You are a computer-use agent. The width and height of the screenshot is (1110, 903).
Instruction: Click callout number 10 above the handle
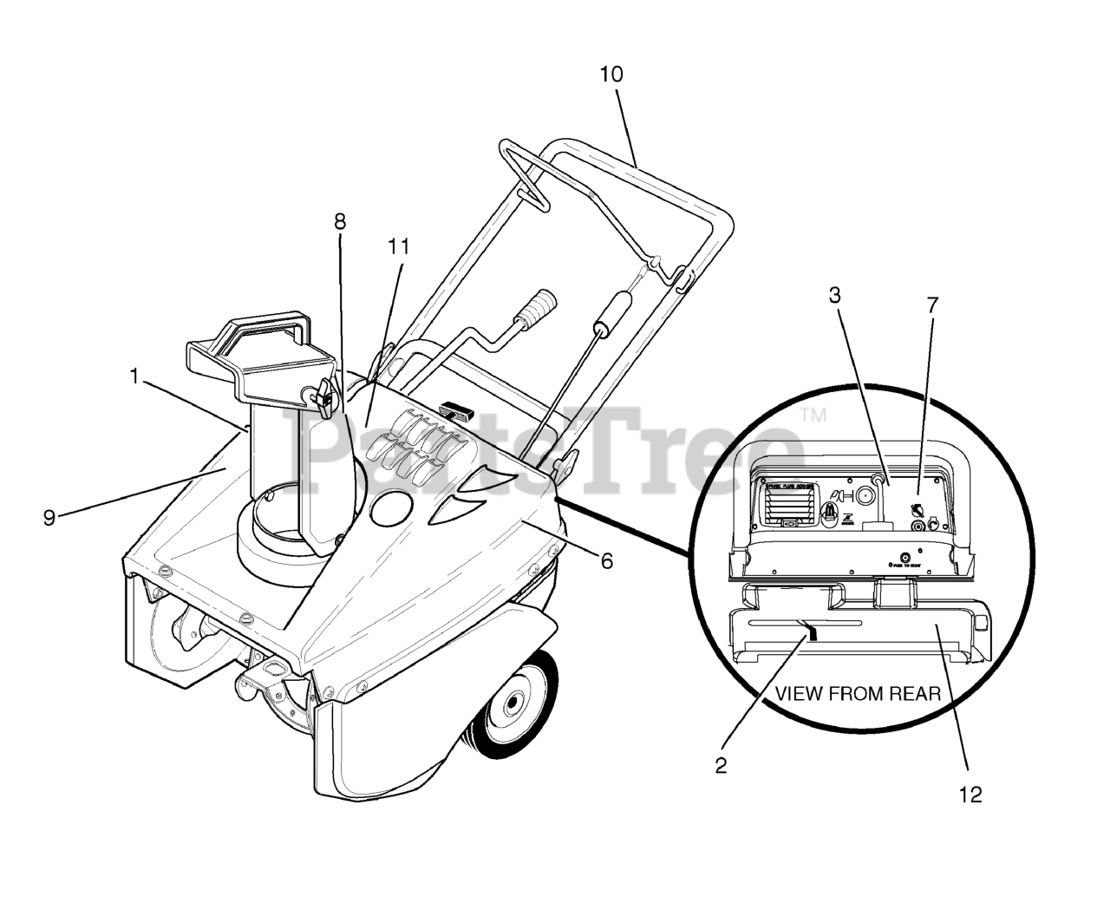click(x=610, y=75)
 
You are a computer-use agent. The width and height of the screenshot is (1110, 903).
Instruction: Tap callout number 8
click(x=339, y=221)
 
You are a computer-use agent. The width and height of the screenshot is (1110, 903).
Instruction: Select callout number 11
click(x=398, y=246)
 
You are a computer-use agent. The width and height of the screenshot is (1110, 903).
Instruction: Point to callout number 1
click(x=134, y=376)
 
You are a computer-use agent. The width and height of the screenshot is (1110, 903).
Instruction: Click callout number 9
click(x=49, y=518)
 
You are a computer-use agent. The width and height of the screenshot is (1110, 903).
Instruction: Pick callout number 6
click(x=606, y=561)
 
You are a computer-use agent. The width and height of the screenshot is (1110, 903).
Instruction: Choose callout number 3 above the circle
click(x=834, y=295)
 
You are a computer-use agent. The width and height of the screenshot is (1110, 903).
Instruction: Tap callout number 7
click(x=932, y=304)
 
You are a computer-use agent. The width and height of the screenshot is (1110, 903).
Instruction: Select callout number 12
click(x=971, y=795)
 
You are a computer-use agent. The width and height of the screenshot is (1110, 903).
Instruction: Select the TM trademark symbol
click(x=813, y=416)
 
